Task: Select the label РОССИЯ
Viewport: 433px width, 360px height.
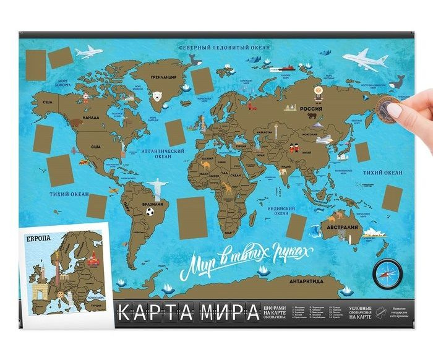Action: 312,106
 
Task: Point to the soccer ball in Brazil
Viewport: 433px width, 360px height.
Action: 150,212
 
